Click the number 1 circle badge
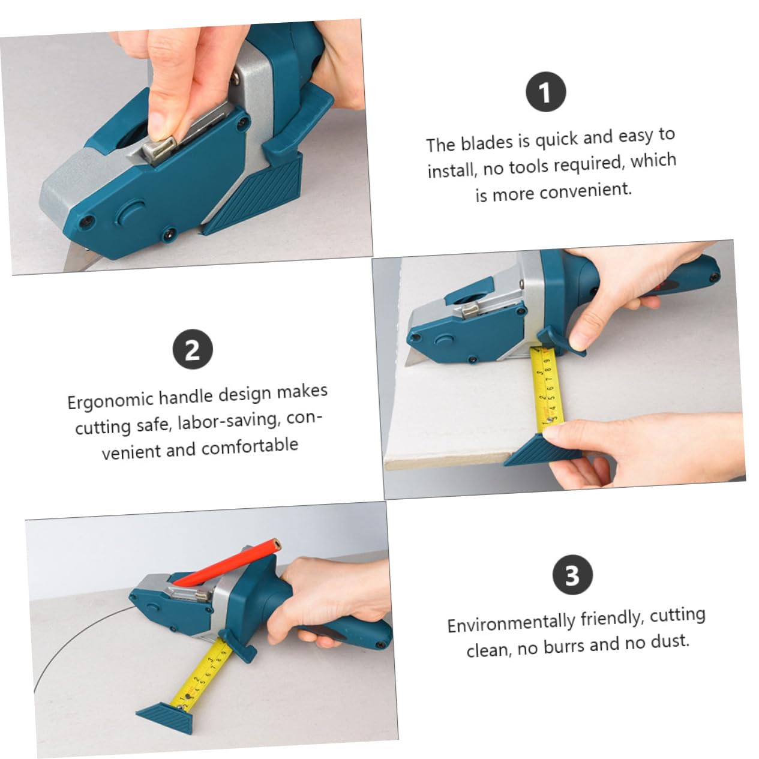point(545,92)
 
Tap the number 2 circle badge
point(193,349)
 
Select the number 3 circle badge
point(572,575)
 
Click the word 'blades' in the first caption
point(487,143)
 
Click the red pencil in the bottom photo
point(228,561)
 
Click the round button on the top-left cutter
point(131,212)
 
